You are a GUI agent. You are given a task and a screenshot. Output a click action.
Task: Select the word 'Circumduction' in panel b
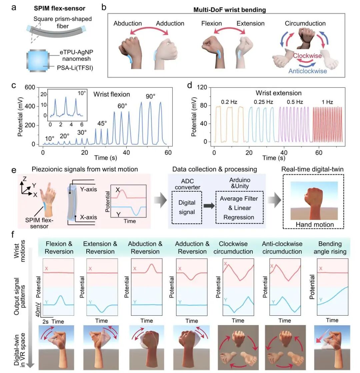pyautogui.click(x=305, y=24)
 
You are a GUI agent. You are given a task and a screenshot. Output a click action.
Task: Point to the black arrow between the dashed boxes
pyautogui.click(x=208, y=206)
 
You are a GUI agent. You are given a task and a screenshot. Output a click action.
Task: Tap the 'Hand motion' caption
pyautogui.click(x=315, y=224)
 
